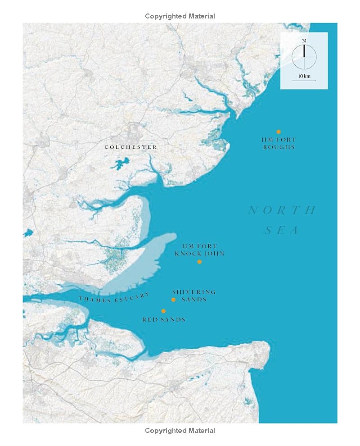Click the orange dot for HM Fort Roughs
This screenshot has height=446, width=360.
pos(279,132)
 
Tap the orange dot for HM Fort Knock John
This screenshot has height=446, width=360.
pos(199,261)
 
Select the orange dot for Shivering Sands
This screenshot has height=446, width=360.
pos(173,300)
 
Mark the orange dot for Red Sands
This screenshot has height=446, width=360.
pos(163,311)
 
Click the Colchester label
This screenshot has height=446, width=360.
pos(131,147)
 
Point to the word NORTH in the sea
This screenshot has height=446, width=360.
pos(282,210)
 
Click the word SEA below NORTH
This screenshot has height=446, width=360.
pos(282,231)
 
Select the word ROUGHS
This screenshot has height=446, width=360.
pos(279,147)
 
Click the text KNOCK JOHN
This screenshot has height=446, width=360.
pos(199,254)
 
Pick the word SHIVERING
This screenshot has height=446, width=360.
pos(194,292)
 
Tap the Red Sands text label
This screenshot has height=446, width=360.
pos(164,319)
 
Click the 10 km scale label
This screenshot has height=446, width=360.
pos(304,76)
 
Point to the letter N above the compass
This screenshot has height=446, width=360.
pos(304,41)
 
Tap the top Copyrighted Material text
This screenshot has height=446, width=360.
pos(180,16)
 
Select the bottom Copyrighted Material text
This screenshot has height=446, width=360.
pos(180,431)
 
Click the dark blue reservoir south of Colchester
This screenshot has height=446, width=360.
pos(119,164)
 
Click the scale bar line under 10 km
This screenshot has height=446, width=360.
pos(304,81)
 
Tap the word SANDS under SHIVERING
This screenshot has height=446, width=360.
pos(194,299)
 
